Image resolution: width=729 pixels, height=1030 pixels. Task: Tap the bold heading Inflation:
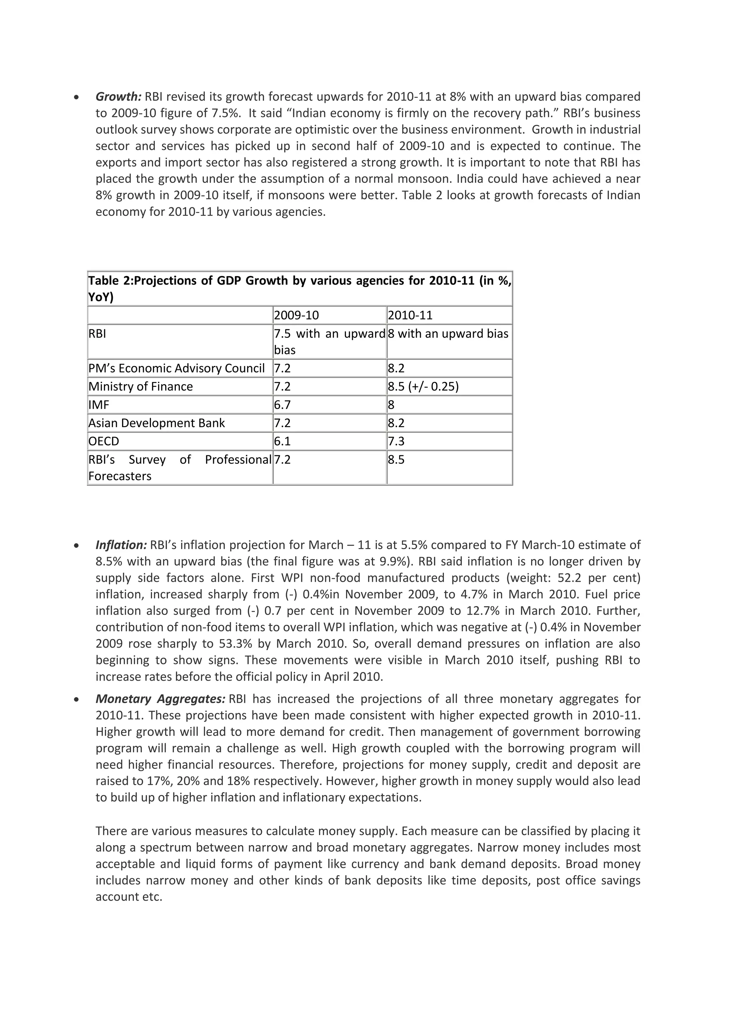point(121,545)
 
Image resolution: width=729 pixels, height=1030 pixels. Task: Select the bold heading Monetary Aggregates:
point(160,699)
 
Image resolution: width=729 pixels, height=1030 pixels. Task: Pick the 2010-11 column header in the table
point(410,315)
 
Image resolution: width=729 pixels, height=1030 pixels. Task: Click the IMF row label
point(99,405)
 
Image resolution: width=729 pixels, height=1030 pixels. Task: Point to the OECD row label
point(104,441)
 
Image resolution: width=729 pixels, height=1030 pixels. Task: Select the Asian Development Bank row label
point(157,423)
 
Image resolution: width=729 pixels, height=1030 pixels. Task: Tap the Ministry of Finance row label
point(141,387)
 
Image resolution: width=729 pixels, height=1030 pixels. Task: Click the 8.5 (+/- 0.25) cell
point(423,387)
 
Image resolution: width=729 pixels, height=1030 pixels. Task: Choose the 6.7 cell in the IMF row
point(282,405)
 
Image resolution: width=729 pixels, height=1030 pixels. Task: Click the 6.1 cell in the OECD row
point(282,441)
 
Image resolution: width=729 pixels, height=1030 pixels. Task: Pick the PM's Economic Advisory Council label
point(177,368)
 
